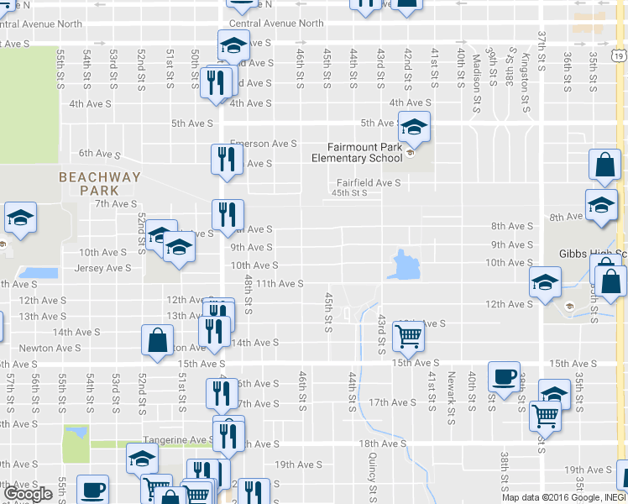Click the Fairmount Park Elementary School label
tap(357, 152)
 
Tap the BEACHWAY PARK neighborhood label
tap(99, 183)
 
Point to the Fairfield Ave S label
tap(369, 182)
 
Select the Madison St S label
tap(476, 71)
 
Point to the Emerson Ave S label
tap(263, 144)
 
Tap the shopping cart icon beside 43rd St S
tap(408, 336)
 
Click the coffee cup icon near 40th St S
tap(504, 377)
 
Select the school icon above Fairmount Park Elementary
tap(413, 128)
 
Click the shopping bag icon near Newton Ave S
tap(156, 340)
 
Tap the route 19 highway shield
tap(618, 56)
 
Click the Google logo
tap(28, 494)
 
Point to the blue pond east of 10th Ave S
tap(406, 265)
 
